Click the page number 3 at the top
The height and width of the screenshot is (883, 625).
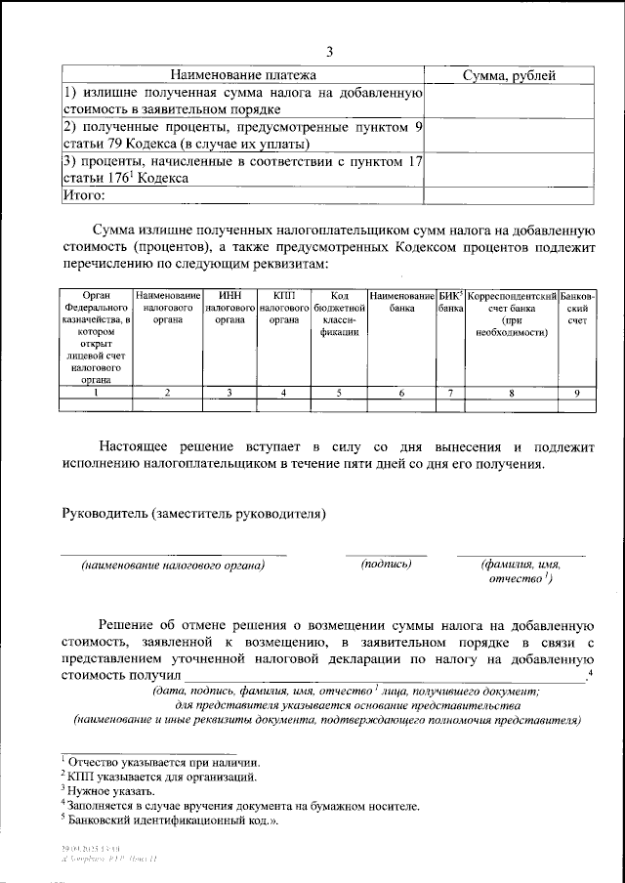tap(329, 52)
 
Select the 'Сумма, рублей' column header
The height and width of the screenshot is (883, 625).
tap(508, 74)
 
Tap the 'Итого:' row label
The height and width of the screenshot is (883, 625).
tap(84, 195)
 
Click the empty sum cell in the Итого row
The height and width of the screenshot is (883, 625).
tap(508, 195)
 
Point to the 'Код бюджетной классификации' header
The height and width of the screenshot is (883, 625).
tap(340, 314)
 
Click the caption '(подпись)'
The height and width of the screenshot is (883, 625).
tap(387, 564)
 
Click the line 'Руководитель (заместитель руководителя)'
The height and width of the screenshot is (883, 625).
tap(194, 513)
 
